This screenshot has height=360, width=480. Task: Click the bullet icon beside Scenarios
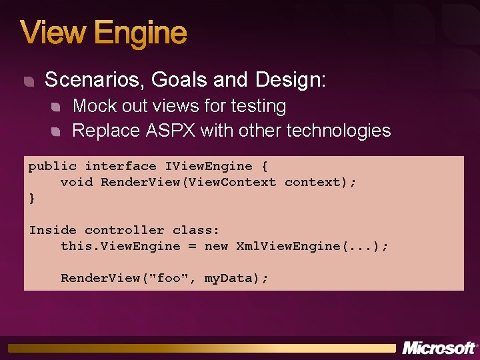point(28,81)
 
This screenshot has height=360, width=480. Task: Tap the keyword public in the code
point(52,166)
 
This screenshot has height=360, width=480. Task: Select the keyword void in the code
point(77,182)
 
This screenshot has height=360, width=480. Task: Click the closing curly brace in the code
point(32,198)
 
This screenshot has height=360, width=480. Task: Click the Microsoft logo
point(439,348)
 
